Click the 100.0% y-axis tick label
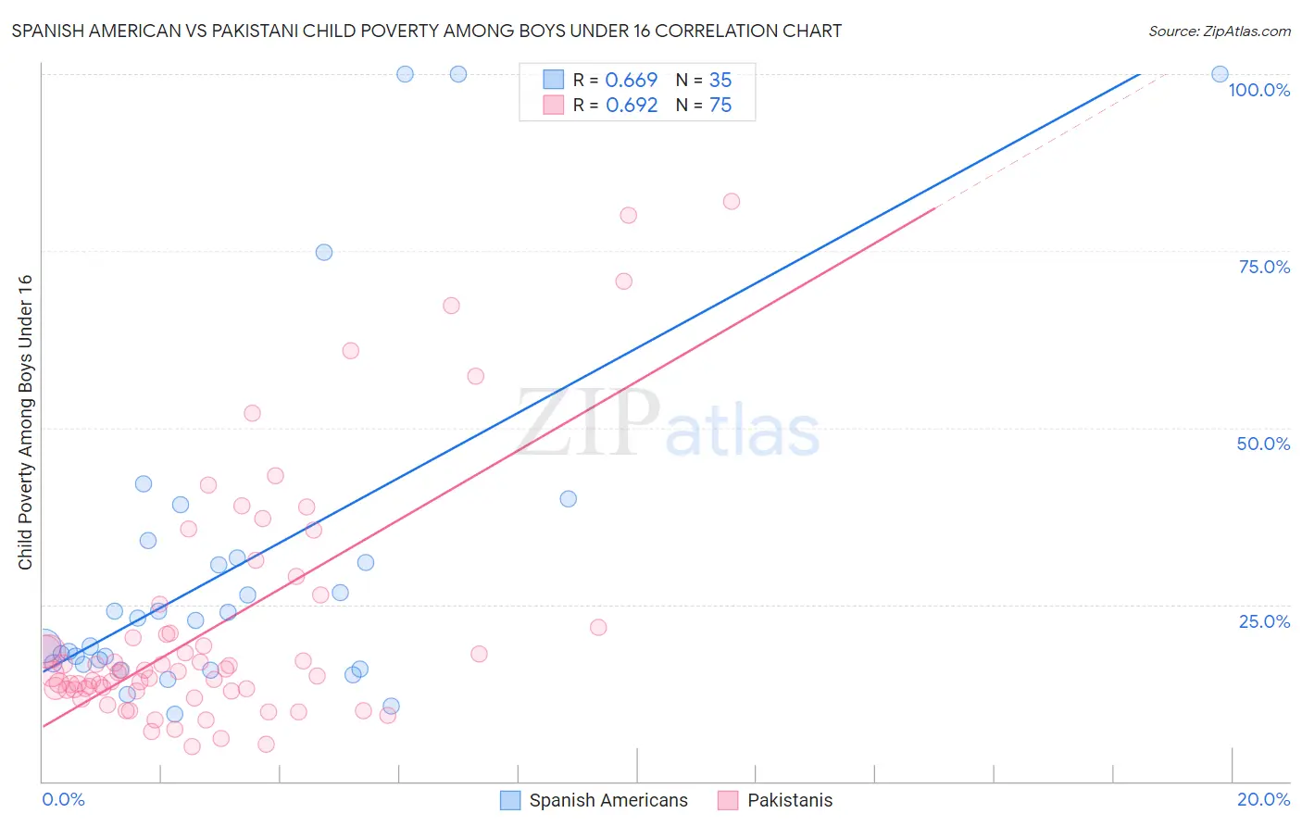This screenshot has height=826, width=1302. tap(1258, 90)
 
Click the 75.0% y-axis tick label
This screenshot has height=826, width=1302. tap(1264, 267)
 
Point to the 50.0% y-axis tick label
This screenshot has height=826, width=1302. tap(1263, 444)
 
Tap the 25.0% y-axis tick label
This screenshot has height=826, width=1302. tap(1264, 621)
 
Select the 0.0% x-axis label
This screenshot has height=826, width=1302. tap(63, 799)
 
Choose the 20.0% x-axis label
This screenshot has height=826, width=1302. tap(1263, 799)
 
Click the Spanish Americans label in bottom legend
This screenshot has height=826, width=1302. tap(607, 800)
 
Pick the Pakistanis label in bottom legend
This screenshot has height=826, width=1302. tap(789, 800)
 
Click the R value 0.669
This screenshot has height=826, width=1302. tap(631, 81)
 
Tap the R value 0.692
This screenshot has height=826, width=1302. tap(631, 106)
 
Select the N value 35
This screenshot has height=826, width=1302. tap(720, 81)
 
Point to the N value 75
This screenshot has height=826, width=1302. tap(720, 106)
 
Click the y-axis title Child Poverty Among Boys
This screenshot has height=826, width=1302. tap(25, 422)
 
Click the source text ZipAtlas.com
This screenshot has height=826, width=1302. tap(1219, 31)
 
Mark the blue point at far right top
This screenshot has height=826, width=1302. tap(1220, 74)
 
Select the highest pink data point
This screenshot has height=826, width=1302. tap(732, 202)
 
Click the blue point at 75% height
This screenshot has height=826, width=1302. tap(324, 253)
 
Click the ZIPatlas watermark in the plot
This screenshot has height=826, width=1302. tap(668, 424)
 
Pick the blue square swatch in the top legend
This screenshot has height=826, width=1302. tap(553, 80)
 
